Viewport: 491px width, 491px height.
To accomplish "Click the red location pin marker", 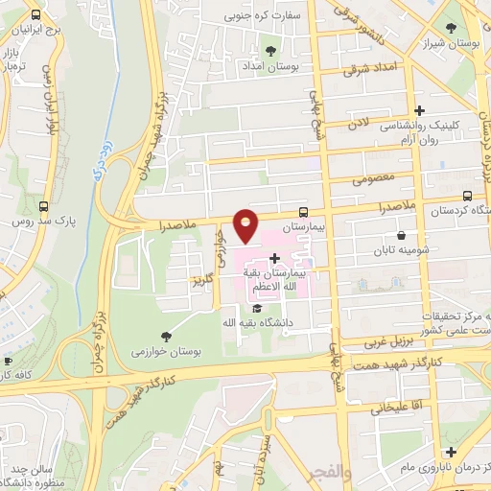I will coord(245,225).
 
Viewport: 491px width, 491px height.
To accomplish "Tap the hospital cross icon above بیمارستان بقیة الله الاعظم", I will coord(275,258).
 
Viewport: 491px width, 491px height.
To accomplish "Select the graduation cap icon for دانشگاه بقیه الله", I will coord(256,308).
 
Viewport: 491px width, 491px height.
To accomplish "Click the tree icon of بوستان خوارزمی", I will coord(168,336).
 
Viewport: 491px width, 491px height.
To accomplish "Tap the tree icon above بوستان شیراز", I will coord(452,28).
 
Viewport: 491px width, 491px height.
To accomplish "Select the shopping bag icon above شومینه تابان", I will coord(400,235).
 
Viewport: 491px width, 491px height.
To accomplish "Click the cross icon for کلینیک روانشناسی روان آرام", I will coord(418,110).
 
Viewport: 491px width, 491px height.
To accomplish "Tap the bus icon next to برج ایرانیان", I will coord(36,15).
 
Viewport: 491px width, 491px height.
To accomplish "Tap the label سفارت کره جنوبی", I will coord(264,15).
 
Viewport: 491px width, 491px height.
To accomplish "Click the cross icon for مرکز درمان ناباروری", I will coord(450,451).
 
